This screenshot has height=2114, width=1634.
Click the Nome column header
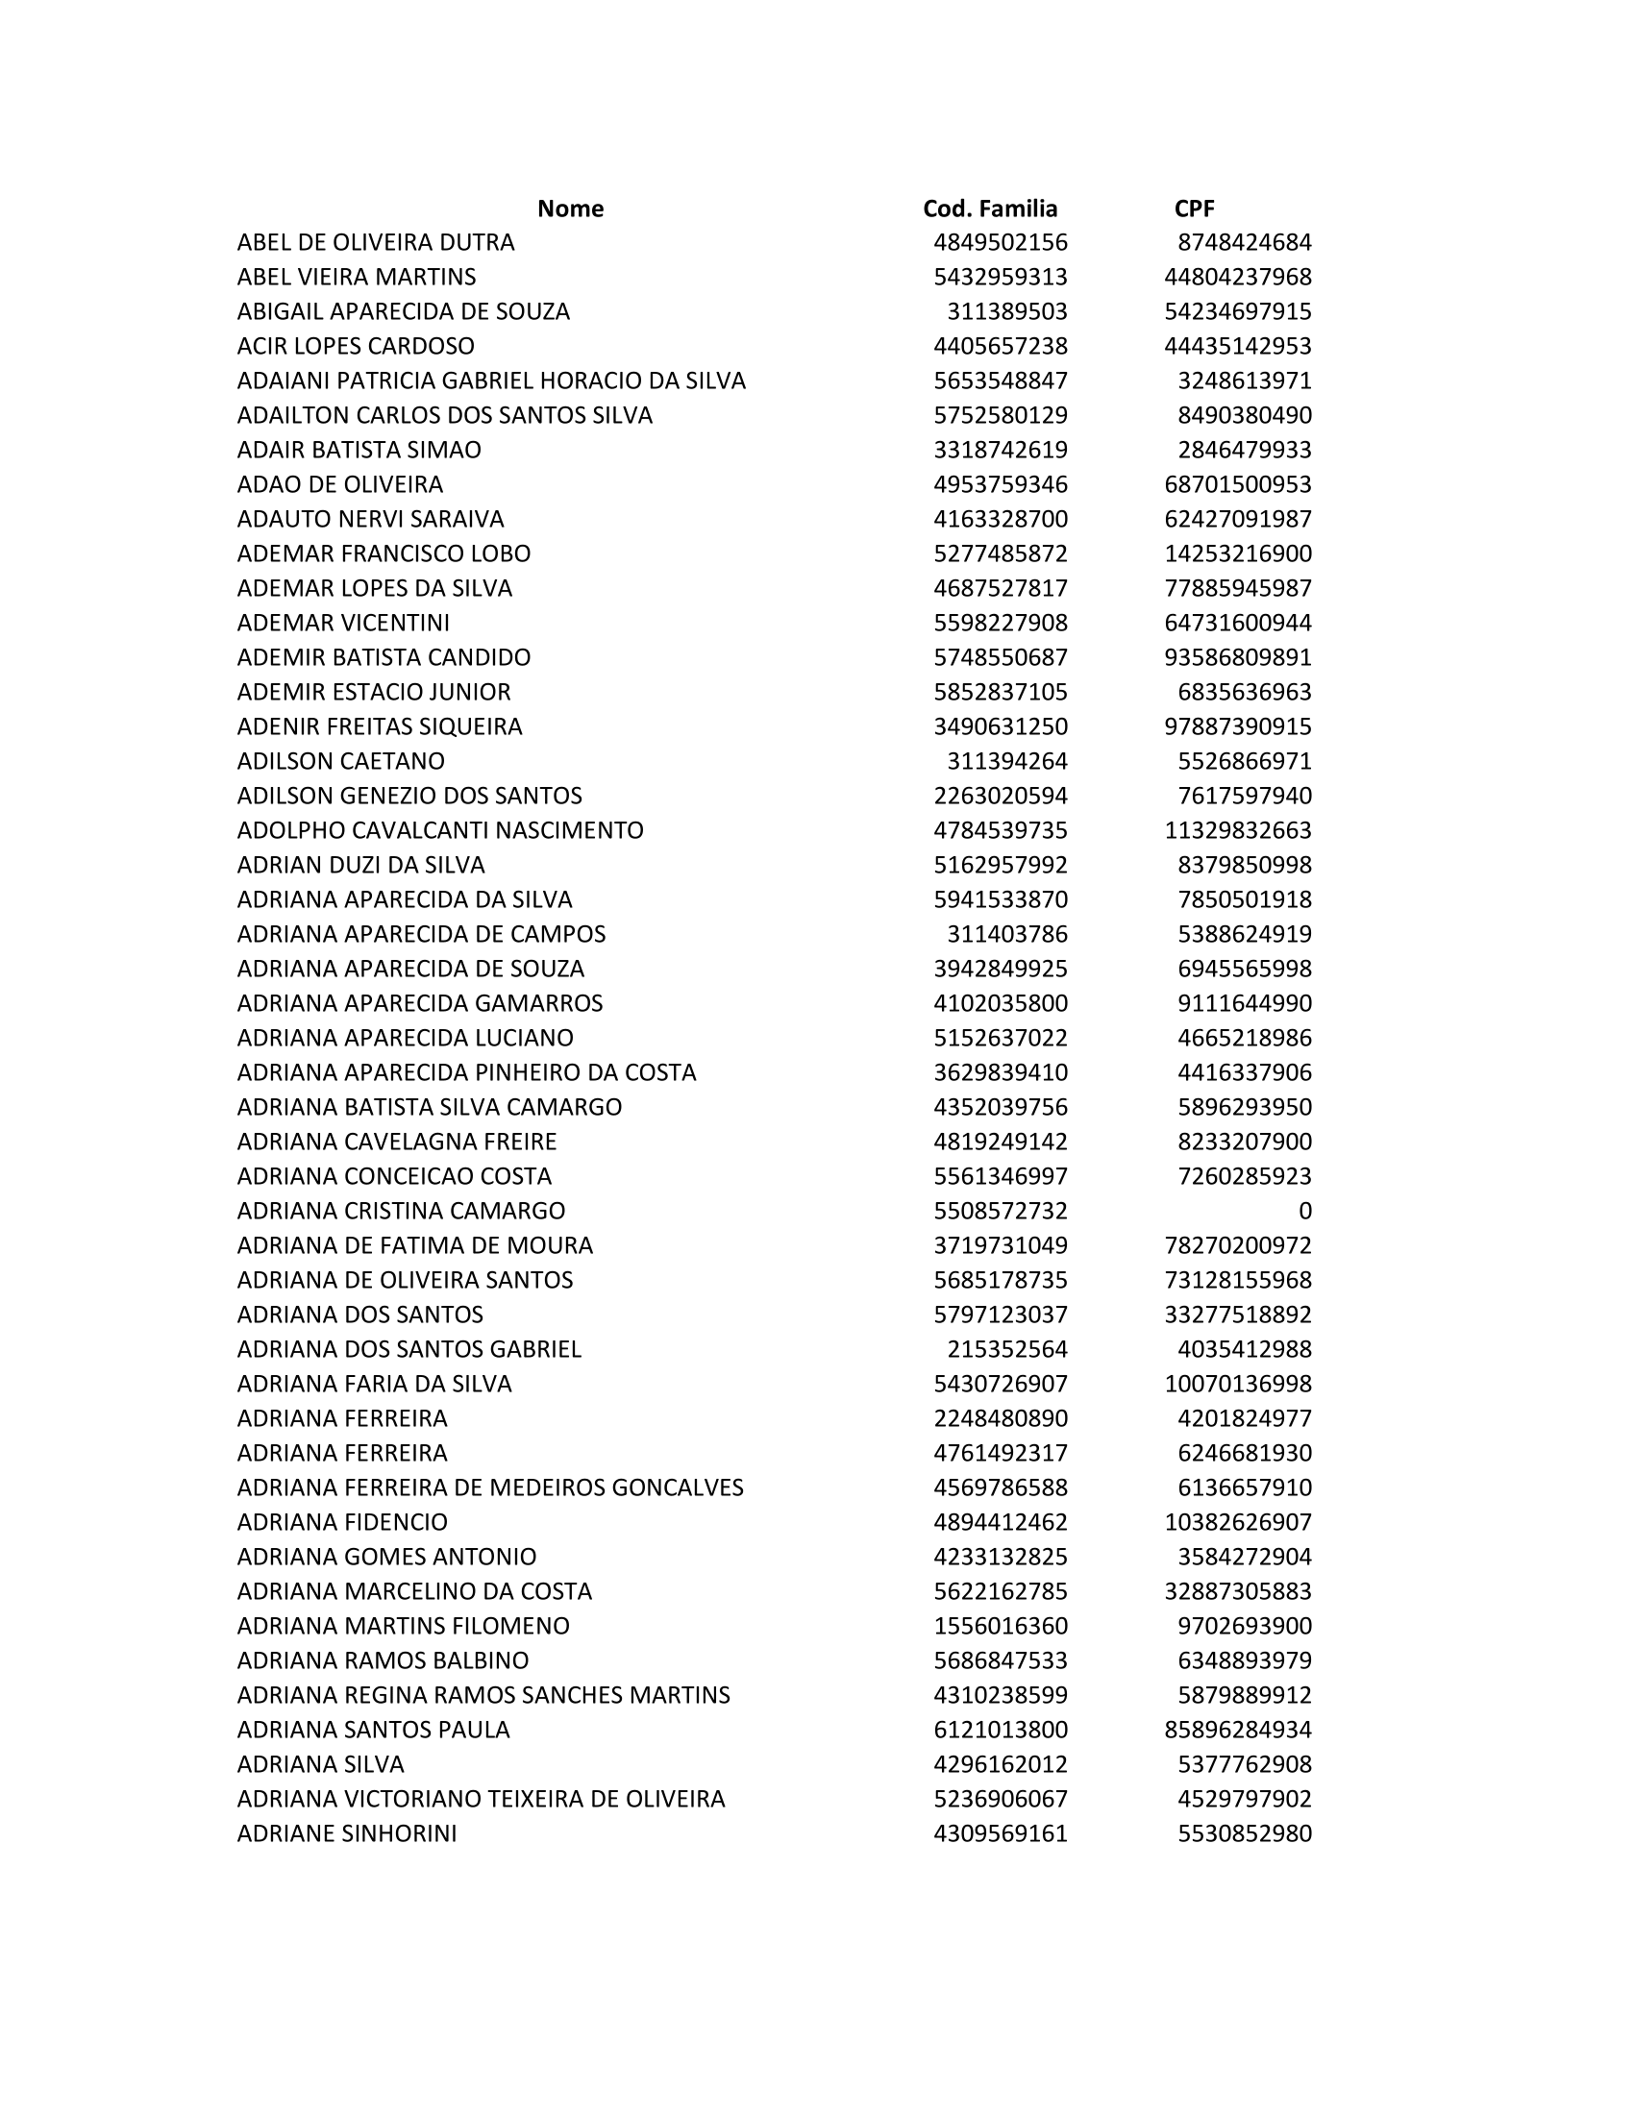click(570, 209)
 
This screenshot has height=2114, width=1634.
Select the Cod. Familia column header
click(989, 209)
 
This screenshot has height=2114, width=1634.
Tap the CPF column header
click(1194, 209)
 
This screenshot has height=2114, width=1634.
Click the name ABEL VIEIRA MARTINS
click(357, 277)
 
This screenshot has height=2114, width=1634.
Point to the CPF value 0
click(1304, 1211)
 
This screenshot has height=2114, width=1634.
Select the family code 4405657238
click(1000, 347)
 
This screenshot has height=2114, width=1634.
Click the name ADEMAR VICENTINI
click(343, 623)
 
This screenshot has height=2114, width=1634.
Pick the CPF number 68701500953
click(1237, 484)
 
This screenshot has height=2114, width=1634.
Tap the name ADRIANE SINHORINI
click(347, 1833)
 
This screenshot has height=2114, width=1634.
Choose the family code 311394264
click(1006, 761)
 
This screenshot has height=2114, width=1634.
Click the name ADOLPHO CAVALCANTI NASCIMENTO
click(439, 830)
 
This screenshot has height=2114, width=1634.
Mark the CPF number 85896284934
click(1237, 1730)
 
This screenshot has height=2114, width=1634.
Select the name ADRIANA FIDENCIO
click(342, 1522)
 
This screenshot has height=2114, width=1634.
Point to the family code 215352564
click(1006, 1349)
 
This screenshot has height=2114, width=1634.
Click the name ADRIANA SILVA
click(320, 1763)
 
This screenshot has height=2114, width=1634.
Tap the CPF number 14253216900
click(1237, 553)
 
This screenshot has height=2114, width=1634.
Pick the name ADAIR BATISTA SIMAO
click(359, 450)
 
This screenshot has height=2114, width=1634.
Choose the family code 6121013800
click(1000, 1730)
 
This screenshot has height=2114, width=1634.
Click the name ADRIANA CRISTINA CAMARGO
click(401, 1211)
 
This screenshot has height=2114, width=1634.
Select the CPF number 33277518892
click(1237, 1315)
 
